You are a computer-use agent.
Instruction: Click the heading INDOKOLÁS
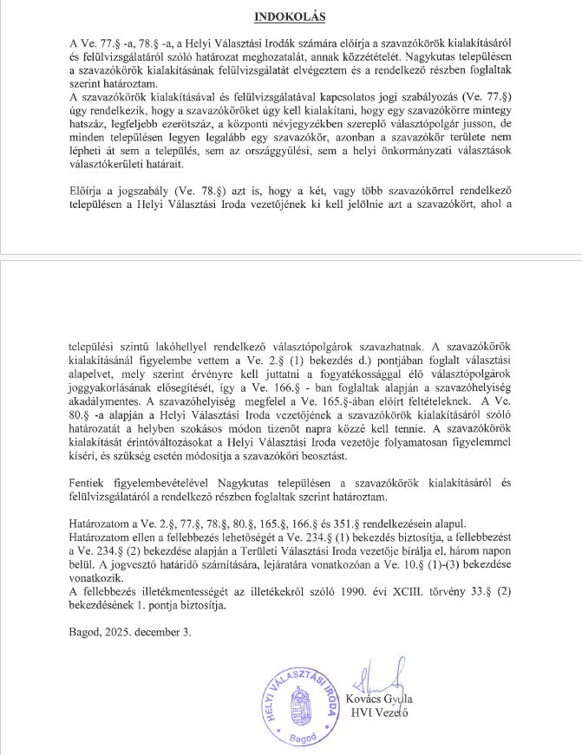pos(291,16)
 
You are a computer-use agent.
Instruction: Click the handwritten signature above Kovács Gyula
pos(384,677)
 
